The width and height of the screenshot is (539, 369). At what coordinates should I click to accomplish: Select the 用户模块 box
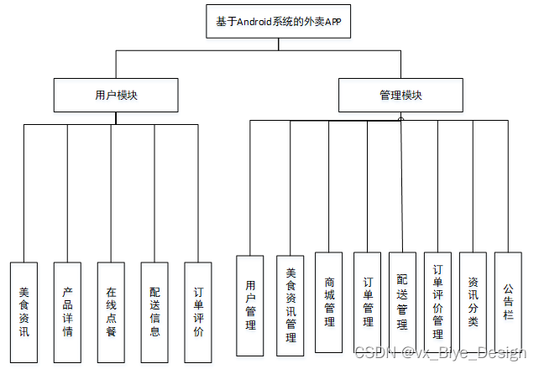(116, 95)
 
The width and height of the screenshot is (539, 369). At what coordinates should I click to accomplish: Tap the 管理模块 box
(400, 95)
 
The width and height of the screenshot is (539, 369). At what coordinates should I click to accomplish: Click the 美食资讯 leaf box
(24, 313)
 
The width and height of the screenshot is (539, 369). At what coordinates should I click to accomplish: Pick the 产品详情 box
(67, 313)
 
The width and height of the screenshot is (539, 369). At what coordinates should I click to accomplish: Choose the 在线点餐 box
(111, 313)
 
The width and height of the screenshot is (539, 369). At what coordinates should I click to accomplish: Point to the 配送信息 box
(154, 313)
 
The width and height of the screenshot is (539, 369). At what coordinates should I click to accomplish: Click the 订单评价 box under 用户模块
(197, 313)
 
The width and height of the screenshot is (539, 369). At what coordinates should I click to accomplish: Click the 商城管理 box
(328, 302)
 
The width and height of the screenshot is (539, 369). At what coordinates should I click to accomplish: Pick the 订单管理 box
(367, 302)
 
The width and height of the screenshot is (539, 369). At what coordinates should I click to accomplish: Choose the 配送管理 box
(403, 302)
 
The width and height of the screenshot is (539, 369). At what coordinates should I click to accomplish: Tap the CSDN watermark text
(370, 354)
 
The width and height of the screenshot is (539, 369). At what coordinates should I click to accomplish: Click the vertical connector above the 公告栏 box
(508, 184)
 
